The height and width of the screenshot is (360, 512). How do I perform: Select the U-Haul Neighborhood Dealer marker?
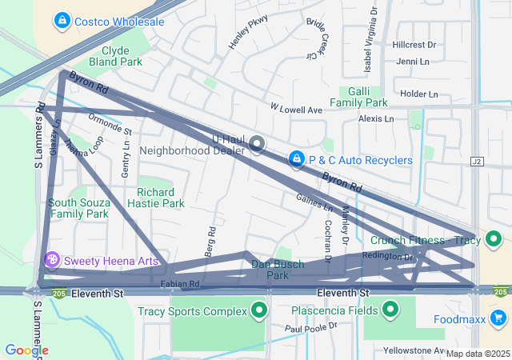257,144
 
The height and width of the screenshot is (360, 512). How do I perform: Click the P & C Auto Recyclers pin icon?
297,160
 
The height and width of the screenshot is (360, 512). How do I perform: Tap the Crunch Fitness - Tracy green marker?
494,239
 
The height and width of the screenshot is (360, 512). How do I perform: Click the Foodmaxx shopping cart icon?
499,318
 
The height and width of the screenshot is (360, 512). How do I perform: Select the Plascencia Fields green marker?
391,309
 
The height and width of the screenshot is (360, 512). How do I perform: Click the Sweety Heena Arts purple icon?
52,260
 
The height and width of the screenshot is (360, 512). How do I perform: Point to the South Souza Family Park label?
78,208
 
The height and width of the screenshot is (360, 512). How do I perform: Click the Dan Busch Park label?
277,270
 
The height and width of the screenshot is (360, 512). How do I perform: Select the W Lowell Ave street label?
295,108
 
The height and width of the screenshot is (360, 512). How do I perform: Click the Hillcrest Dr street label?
414,45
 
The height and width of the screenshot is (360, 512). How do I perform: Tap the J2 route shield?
478,161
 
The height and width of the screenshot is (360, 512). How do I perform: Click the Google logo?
26,350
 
